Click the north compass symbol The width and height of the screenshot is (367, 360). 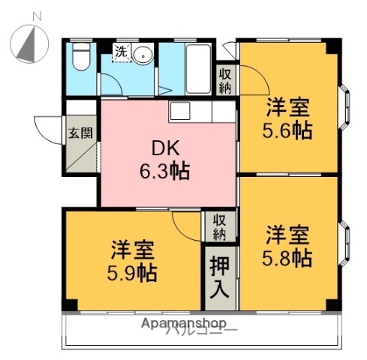point(29,42)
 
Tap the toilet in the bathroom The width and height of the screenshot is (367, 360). point(81,57)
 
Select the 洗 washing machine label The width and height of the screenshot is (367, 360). point(121,52)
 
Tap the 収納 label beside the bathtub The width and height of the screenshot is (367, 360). point(224,79)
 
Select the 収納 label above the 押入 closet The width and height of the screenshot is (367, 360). point(218,226)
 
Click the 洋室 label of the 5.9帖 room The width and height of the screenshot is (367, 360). point(131,248)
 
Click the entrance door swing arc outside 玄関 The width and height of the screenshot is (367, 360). point(47,124)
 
